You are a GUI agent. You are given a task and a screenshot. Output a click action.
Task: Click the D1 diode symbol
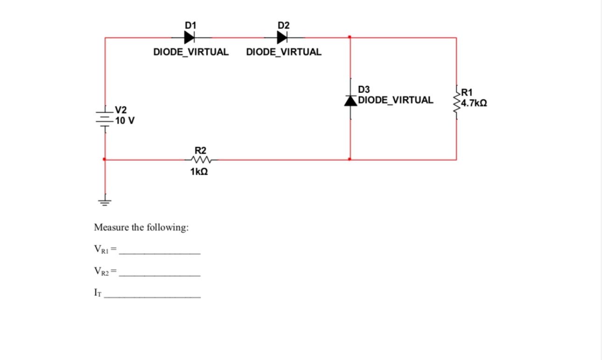189,37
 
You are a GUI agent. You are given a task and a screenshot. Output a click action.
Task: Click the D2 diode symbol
282,37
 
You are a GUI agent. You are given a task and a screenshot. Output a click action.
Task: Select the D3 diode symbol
350,100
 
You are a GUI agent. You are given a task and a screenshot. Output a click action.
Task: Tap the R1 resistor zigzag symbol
456,103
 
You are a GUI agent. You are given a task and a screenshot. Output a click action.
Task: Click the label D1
190,24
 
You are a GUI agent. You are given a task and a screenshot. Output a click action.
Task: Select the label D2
283,24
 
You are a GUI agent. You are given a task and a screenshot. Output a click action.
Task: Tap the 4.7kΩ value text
474,103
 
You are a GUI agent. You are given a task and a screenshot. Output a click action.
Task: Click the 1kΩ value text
199,172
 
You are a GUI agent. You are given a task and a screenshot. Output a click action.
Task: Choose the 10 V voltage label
125,120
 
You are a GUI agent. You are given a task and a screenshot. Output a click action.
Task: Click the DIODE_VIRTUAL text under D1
191,52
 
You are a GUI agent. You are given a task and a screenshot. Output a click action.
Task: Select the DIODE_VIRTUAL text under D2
283,52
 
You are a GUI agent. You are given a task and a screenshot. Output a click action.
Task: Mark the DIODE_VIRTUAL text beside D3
395,99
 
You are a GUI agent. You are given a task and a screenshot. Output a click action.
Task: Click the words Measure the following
141,228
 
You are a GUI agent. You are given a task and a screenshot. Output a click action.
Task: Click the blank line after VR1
160,253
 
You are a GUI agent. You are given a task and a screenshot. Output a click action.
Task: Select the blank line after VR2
160,275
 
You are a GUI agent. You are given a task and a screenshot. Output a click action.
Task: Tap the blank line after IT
153,297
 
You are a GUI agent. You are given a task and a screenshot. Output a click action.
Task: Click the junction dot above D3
350,37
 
